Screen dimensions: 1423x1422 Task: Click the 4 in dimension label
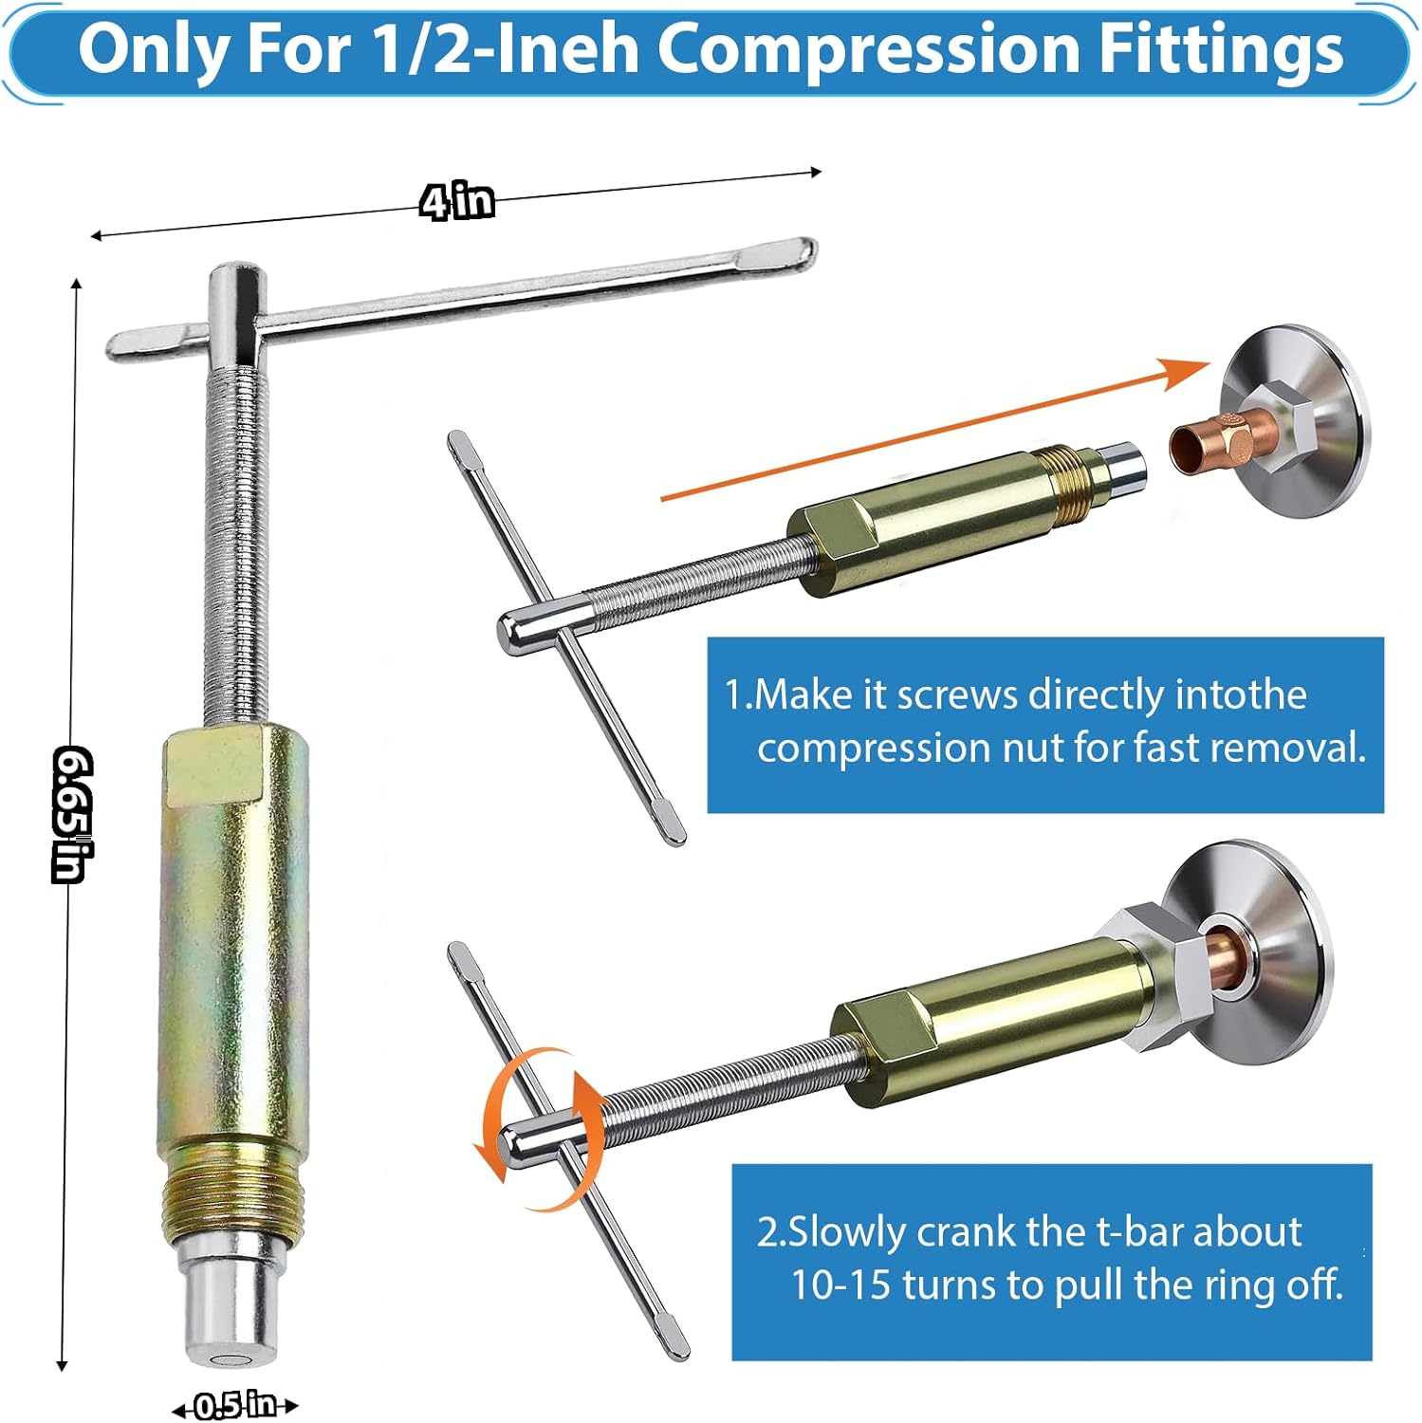[456, 201]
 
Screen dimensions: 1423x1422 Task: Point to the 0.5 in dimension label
[234, 1405]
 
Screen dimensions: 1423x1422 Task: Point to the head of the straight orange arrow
[1190, 372]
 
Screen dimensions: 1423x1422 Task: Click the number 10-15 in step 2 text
[840, 1285]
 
